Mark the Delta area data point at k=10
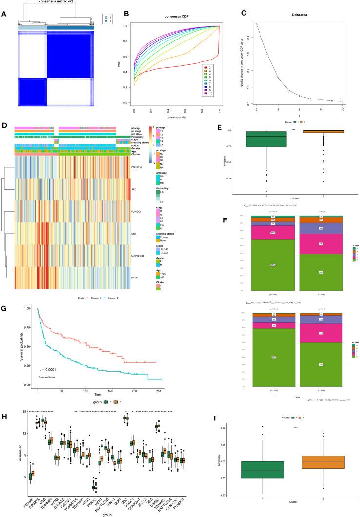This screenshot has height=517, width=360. tap(343, 101)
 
